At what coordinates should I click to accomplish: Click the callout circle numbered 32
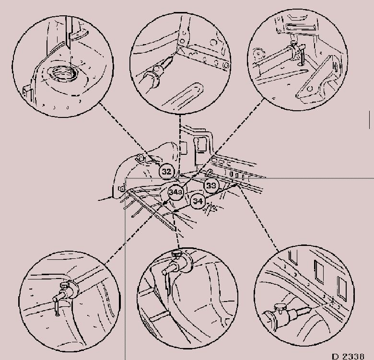tap(166, 172)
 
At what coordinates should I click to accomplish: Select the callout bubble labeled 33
tap(211, 185)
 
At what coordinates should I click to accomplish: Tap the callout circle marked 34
tap(198, 201)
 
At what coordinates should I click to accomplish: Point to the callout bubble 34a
tap(175, 192)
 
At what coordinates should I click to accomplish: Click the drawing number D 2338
tap(349, 357)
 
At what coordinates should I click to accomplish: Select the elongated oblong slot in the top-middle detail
tap(183, 95)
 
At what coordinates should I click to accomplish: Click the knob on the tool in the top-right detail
tap(293, 44)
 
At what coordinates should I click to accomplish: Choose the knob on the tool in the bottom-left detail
tap(65, 285)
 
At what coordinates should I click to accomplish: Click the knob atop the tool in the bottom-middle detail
tap(177, 255)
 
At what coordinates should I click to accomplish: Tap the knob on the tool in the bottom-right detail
tap(279, 308)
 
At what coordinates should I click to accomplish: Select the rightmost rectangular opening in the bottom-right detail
tap(341, 289)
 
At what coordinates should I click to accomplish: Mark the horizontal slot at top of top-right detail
tap(301, 27)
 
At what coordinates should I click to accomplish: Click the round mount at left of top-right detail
tap(257, 54)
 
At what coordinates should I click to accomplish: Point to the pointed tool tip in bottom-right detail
tap(305, 310)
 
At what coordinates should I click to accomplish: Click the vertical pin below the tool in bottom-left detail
tap(57, 308)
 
